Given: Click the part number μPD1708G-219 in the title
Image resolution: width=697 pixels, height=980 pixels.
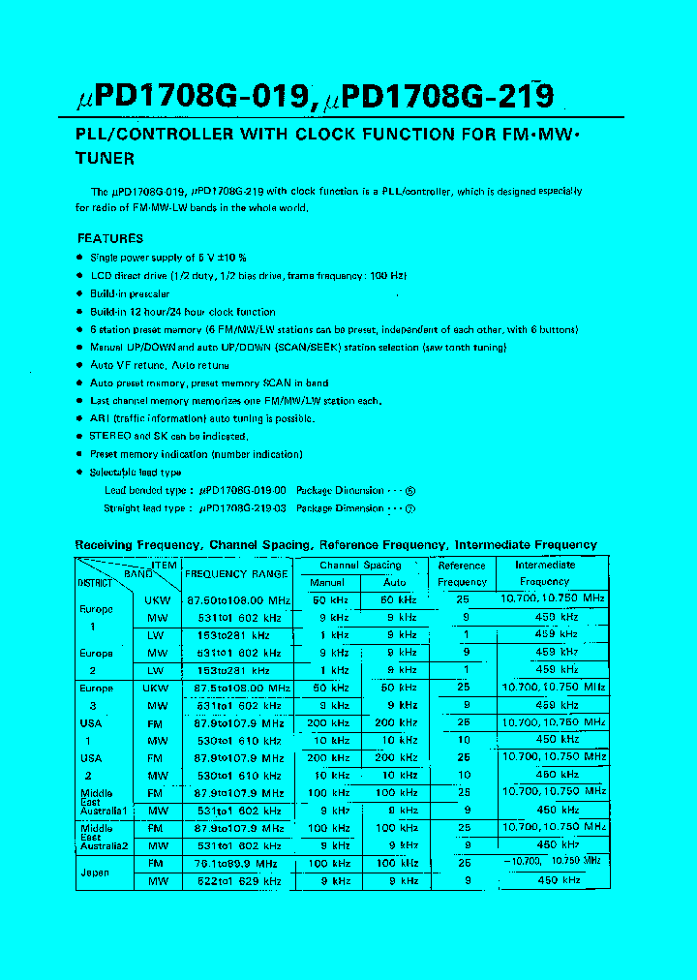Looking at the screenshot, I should pos(439,97).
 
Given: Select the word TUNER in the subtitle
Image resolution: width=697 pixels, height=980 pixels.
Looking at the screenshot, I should pos(105,158).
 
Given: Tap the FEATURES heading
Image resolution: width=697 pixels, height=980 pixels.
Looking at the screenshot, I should pos(110,238).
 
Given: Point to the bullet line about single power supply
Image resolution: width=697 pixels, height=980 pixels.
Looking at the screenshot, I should pos(167,258).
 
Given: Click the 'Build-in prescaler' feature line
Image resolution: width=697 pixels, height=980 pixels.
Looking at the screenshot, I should pos(130,293).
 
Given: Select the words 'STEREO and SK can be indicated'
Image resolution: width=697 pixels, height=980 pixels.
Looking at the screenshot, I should pos(168,437).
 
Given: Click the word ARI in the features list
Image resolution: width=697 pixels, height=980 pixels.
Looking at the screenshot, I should pos(99,418).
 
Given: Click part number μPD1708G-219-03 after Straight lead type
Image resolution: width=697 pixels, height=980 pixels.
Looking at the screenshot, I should pos(242,508).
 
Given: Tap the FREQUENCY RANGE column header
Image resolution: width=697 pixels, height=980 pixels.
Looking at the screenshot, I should pos(236,573).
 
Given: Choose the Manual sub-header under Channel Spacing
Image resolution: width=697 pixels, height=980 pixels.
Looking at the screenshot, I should pos(326,583).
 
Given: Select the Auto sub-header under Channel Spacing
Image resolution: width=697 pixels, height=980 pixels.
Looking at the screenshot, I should pos(394,583).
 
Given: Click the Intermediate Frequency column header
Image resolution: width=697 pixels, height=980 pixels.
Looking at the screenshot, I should pos(544,573).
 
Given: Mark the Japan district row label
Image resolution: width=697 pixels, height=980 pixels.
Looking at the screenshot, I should pos(95,873).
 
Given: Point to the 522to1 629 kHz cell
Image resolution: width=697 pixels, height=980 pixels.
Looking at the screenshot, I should pos(236,881).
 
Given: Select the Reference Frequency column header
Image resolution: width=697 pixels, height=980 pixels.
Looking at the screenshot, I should pos(462,573).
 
